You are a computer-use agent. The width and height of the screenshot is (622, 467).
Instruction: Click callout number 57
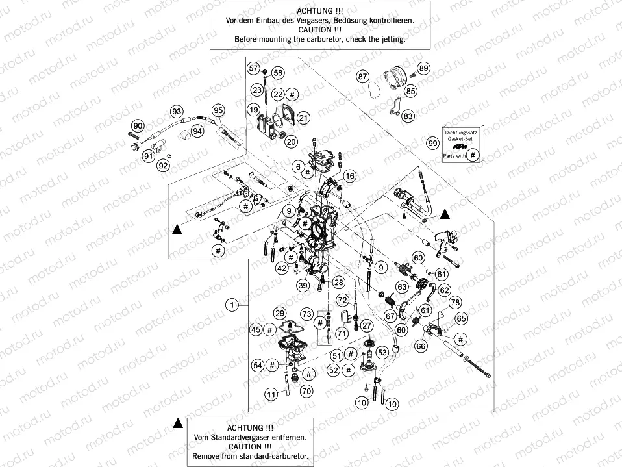[x=253, y=69]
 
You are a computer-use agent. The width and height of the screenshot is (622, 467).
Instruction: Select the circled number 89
[x=424, y=69]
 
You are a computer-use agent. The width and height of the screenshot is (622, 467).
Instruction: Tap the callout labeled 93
[x=177, y=111]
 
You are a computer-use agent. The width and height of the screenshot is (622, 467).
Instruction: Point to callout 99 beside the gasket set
[x=432, y=142]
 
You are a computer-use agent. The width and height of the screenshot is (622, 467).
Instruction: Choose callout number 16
[x=350, y=176]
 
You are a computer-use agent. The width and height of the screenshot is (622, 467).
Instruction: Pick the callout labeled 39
[x=303, y=285]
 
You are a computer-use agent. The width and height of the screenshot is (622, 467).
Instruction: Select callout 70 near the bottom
[x=306, y=391]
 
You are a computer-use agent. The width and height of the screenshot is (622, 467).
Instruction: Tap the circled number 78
[x=455, y=303]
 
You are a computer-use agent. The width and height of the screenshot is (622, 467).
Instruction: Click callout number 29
[x=279, y=312]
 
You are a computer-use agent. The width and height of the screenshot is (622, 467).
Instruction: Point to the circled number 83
[x=408, y=116]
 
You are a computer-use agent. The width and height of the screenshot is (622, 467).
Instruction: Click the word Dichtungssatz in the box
[x=460, y=133]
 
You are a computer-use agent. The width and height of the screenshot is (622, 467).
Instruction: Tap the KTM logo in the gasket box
[x=460, y=147]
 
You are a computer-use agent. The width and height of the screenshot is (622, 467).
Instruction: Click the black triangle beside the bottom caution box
[x=177, y=423]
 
